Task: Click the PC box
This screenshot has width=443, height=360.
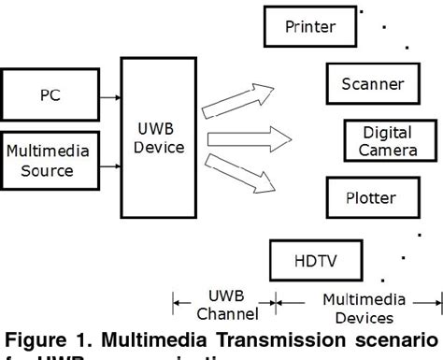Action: pos(52,95)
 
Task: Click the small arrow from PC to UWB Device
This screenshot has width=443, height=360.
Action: pos(111,95)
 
